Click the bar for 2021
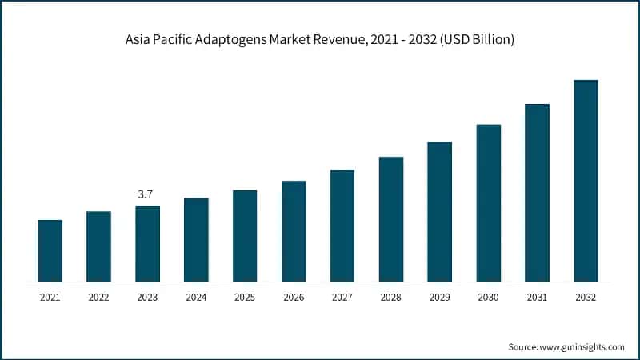tap(50, 250)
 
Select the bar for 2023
tap(147, 243)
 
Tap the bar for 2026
tap(294, 231)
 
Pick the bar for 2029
tap(439, 212)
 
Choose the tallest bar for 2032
tap(586, 181)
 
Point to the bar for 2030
tap(488, 203)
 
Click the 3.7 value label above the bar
tap(147, 194)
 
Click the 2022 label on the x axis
tap(98, 297)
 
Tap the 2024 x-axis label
tap(196, 297)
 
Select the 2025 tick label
tap(245, 297)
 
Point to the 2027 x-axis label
tap(342, 297)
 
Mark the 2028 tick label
tap(391, 297)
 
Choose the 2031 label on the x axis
tap(537, 297)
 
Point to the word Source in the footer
tap(524, 346)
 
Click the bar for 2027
tap(342, 226)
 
